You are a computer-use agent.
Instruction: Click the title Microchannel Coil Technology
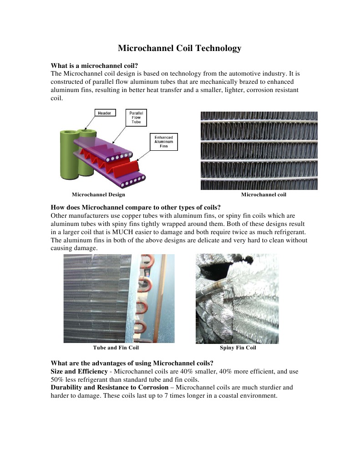(x=179, y=48)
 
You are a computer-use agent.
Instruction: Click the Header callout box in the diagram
(x=105, y=113)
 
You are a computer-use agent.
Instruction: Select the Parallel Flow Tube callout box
(x=135, y=117)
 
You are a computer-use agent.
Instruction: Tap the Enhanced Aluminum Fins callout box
(x=163, y=141)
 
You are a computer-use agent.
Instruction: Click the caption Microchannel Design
(x=98, y=195)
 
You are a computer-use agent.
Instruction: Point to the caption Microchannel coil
(x=264, y=195)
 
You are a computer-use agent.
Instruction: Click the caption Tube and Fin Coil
(x=116, y=348)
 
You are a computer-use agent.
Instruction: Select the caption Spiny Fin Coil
(x=238, y=348)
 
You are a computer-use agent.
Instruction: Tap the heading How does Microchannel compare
(x=136, y=207)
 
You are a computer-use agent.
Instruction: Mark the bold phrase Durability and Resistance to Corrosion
(x=109, y=387)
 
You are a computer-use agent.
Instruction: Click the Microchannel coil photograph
(x=259, y=151)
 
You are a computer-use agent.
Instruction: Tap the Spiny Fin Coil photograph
(x=237, y=298)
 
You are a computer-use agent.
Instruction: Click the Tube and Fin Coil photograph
(x=119, y=298)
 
